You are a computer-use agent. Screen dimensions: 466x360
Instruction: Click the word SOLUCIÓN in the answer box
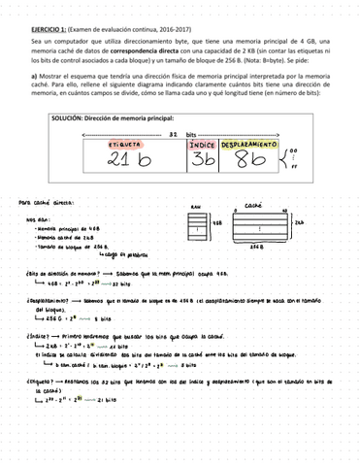click(67, 116)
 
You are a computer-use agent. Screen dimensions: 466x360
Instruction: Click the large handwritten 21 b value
click(129, 160)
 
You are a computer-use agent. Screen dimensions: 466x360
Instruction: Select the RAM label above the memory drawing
click(195, 208)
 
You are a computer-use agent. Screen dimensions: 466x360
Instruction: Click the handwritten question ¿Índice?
click(35, 335)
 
